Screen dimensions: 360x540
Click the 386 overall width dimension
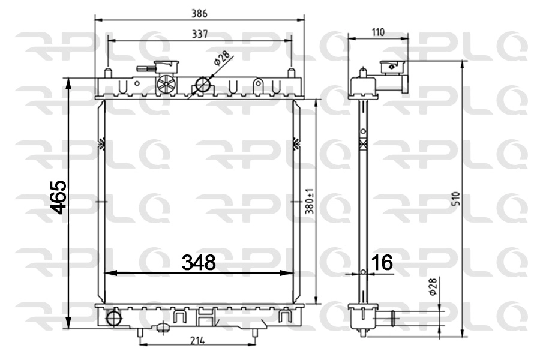[x=200, y=13]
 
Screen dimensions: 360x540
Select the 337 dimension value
[x=200, y=34]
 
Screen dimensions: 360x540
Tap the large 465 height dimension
[x=59, y=197]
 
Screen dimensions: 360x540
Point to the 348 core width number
[x=199, y=262]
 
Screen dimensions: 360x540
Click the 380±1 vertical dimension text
[x=310, y=203]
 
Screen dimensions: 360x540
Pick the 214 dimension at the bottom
[x=198, y=341]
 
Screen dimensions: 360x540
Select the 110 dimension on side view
[x=378, y=32]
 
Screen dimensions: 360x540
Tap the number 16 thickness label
[x=382, y=262]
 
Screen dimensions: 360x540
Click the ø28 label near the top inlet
[x=223, y=59]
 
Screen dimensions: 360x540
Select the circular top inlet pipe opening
[x=205, y=85]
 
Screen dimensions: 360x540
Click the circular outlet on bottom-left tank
[x=113, y=317]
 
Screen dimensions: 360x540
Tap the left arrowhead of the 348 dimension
[x=109, y=273]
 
